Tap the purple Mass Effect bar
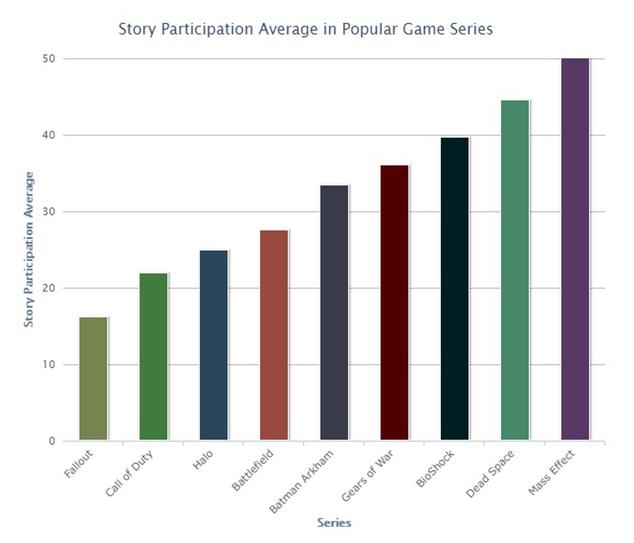click(575, 249)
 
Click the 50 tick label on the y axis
click(49, 59)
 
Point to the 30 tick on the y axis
click(49, 212)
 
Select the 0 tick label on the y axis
click(52, 441)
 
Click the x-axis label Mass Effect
click(552, 473)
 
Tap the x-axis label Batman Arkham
click(302, 481)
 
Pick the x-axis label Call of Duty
click(129, 473)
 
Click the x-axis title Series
click(334, 523)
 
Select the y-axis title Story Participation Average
click(29, 249)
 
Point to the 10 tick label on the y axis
click(49, 364)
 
